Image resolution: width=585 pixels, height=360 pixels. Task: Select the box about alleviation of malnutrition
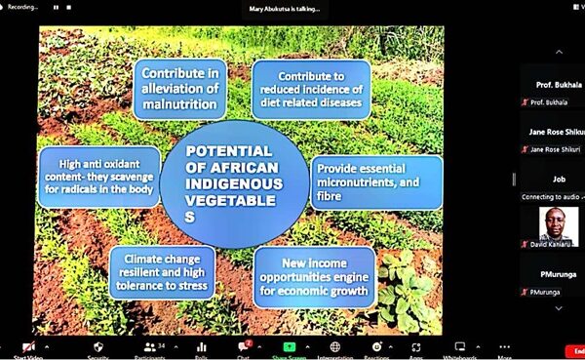(180, 87)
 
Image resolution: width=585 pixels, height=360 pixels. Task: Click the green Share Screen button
(289, 348)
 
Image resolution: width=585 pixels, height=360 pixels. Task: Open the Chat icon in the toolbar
(243, 347)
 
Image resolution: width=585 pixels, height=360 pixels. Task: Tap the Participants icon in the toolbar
(150, 347)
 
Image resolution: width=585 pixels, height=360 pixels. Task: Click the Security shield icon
(97, 347)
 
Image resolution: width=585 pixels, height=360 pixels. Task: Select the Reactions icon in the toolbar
(376, 347)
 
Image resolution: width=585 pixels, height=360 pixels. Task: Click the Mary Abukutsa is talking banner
(284, 8)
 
